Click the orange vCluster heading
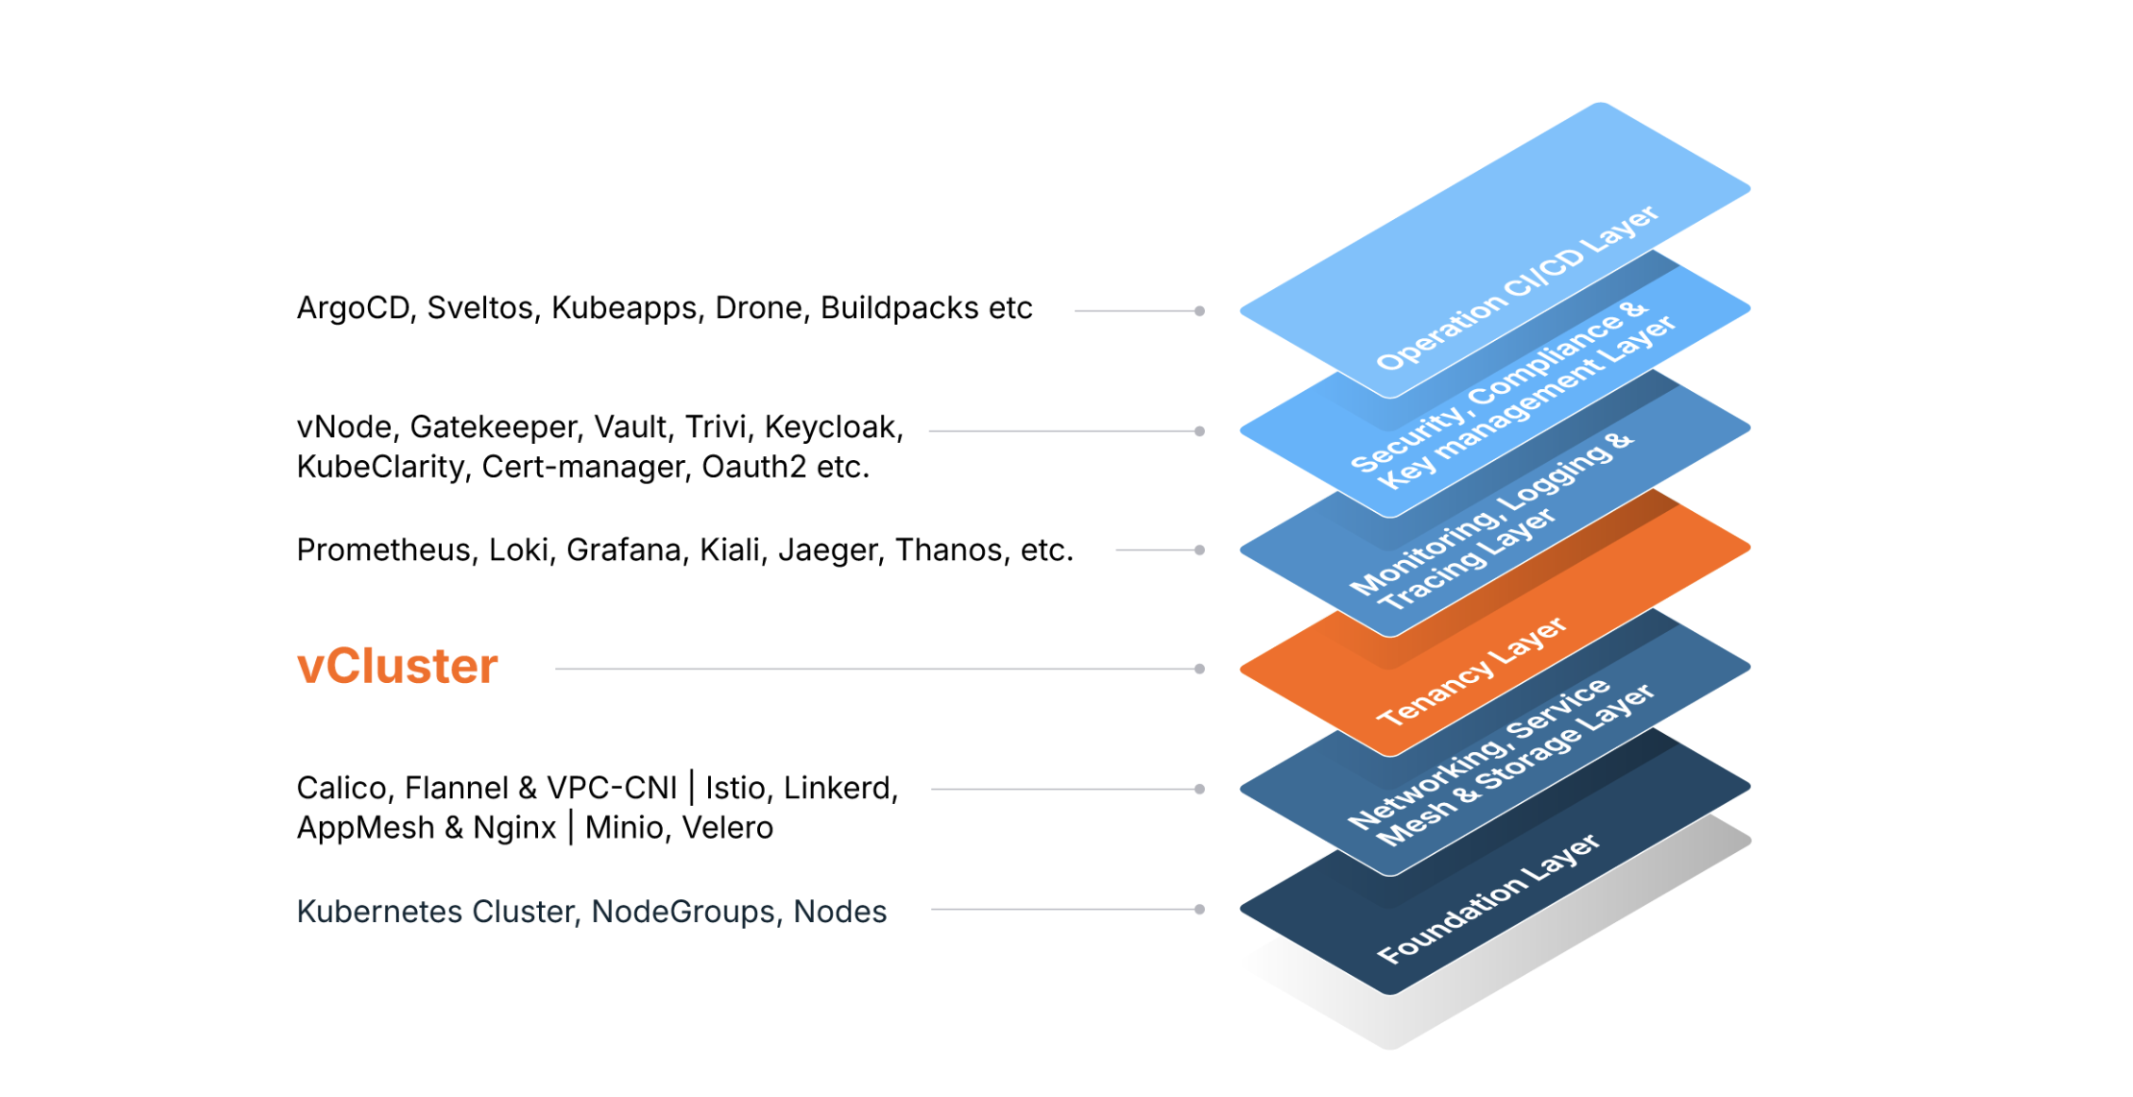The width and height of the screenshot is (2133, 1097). click(x=397, y=666)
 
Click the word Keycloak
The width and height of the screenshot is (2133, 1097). click(x=833, y=427)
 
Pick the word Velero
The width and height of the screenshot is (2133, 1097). click(x=727, y=828)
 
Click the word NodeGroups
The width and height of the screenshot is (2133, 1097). click(x=683, y=912)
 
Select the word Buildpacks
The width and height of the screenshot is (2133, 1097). click(x=899, y=308)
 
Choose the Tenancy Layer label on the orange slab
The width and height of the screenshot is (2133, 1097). click(x=1471, y=670)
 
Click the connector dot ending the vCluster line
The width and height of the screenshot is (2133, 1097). click(x=1199, y=669)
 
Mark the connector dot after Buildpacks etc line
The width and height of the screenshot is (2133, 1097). click(x=1199, y=311)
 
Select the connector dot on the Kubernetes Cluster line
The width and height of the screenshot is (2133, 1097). click(x=1199, y=909)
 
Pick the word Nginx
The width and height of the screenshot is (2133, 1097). click(x=514, y=828)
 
